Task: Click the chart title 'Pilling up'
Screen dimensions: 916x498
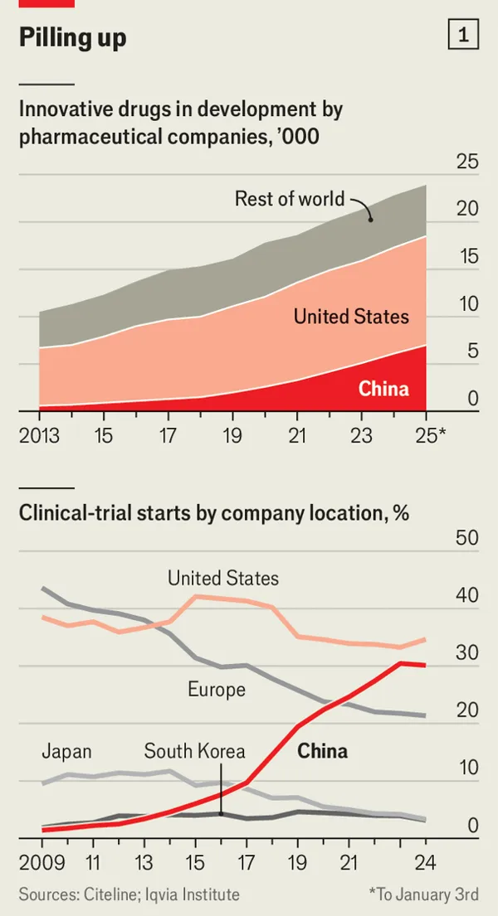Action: pyautogui.click(x=73, y=37)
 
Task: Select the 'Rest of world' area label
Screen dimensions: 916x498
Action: pyautogui.click(x=289, y=199)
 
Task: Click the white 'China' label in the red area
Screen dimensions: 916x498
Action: pyautogui.click(x=383, y=388)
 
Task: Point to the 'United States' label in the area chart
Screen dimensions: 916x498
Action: pyautogui.click(x=351, y=317)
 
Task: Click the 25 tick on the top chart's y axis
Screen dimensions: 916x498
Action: pyautogui.click(x=467, y=162)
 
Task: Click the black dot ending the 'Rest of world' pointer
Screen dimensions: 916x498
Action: pyautogui.click(x=370, y=218)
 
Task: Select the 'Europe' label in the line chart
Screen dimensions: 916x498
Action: pyautogui.click(x=216, y=690)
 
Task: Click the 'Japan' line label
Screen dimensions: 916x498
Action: pyautogui.click(x=66, y=752)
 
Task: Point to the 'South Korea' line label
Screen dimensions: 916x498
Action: pyautogui.click(x=195, y=752)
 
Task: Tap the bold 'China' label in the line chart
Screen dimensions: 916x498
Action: pyautogui.click(x=322, y=752)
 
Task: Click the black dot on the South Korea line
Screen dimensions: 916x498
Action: pyautogui.click(x=221, y=813)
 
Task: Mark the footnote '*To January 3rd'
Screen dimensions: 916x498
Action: pyautogui.click(x=423, y=894)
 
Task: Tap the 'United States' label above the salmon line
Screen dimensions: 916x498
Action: pyautogui.click(x=223, y=578)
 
